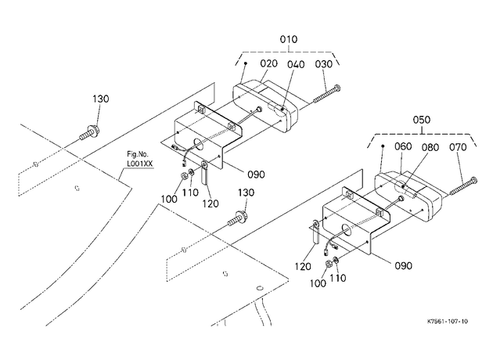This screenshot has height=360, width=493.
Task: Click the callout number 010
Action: point(288,40)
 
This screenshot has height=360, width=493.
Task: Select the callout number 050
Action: point(421,120)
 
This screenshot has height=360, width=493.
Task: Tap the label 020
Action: point(269,63)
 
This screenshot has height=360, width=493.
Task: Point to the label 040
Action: point(296,64)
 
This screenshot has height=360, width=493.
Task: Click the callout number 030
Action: point(323,64)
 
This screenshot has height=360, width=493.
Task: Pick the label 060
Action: point(403,146)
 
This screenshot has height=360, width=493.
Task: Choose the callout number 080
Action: point(430,147)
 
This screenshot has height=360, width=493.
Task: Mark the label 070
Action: point(458,147)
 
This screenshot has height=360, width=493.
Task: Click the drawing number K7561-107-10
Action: point(448,322)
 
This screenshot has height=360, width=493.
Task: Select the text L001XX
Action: point(140,164)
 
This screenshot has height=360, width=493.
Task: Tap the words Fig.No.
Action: point(138,154)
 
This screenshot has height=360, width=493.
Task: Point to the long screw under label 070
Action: point(463,186)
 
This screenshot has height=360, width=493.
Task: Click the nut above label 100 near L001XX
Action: point(183,176)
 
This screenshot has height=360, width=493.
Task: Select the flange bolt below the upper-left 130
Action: point(90,133)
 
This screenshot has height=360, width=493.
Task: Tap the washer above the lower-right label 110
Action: point(335,260)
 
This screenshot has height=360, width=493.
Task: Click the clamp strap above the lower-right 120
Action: point(315,232)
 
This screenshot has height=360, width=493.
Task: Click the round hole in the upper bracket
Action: point(199,143)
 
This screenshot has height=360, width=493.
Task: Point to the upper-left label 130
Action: point(101,99)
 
